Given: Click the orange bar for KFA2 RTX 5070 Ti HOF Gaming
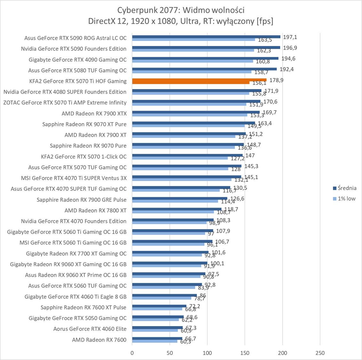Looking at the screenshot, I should [199, 80].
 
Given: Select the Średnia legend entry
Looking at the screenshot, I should [345, 188].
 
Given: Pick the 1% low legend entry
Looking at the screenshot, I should [344, 198].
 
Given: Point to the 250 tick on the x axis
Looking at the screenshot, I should [320, 353].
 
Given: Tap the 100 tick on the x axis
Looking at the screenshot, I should [207, 353].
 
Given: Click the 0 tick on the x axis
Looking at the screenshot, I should [132, 353].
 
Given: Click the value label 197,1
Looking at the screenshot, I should [290, 37].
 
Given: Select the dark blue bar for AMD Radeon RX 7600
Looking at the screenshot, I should [157, 338].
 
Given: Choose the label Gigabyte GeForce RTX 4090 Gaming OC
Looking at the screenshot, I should [77, 60].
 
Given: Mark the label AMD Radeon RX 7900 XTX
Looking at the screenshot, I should [94, 113].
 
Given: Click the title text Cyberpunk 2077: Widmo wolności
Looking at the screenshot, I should [181, 10].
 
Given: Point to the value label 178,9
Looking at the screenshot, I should [276, 80].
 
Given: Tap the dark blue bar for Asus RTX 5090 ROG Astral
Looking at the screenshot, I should [206, 37].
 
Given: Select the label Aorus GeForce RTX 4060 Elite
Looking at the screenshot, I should [90, 329].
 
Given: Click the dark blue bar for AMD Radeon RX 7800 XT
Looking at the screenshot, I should [177, 209].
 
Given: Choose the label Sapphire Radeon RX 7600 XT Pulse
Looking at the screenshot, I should [83, 307].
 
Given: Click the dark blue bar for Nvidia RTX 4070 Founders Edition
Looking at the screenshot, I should [173, 220].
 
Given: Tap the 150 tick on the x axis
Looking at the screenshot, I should [245, 353].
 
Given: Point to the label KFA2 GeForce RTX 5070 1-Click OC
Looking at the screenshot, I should [84, 156].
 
